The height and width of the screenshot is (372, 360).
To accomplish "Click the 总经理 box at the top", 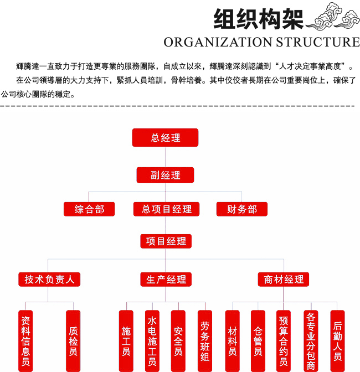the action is (165, 138).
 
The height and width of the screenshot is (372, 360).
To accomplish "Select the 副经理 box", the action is (165, 175).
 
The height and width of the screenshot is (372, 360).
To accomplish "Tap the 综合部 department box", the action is (89, 209).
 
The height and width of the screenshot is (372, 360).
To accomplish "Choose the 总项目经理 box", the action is (166, 209).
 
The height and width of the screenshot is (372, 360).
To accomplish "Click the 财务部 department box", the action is (242, 209).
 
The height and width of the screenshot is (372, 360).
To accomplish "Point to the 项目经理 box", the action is (166, 241).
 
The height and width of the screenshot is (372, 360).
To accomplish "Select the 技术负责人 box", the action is (49, 279).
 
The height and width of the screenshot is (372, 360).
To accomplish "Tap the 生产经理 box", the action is (166, 279).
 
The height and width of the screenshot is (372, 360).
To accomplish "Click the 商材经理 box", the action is (284, 279).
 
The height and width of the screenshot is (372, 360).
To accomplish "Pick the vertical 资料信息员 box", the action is (25, 341).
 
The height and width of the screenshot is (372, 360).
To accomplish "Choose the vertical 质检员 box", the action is (73, 341).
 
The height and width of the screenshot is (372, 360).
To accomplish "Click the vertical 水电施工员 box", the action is (152, 341).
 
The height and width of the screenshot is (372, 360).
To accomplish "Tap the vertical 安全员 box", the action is (178, 341).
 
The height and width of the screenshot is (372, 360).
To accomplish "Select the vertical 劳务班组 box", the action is (205, 341).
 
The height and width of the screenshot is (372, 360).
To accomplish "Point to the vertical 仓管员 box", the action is (258, 341).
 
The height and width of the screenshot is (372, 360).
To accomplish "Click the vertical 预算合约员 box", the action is (284, 341).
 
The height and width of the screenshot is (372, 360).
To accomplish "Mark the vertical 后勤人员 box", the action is (337, 341).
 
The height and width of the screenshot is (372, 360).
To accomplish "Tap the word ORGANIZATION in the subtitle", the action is (218, 42).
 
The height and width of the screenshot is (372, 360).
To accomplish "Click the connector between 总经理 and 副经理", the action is (165, 157).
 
